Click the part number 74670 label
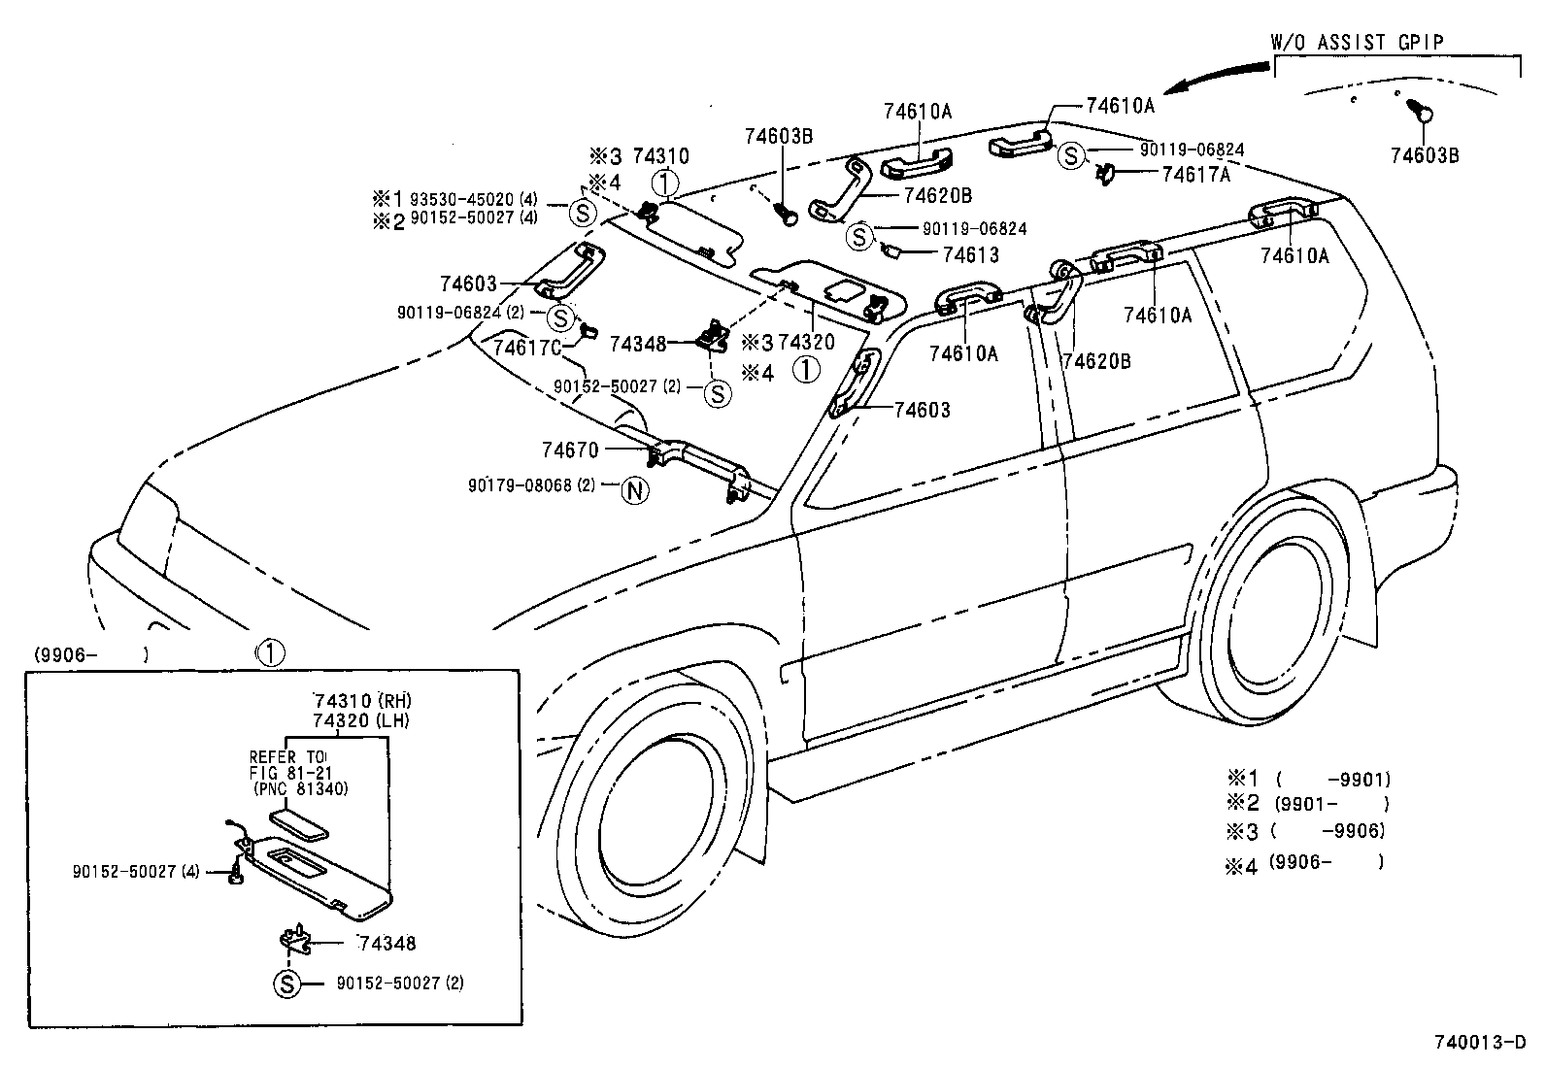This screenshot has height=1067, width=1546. (x=570, y=450)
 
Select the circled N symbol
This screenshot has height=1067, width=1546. (x=634, y=491)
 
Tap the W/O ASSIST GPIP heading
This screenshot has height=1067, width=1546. (x=1357, y=42)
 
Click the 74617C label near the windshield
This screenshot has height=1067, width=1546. (x=527, y=348)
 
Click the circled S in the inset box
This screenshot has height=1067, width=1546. (x=286, y=984)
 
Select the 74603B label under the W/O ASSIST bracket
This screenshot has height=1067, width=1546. (x=1424, y=155)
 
